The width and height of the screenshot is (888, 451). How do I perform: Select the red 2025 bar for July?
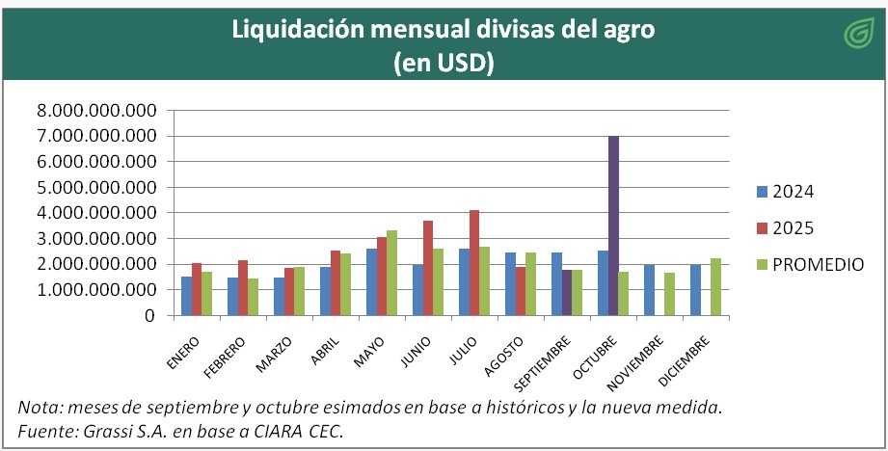[x=474, y=262]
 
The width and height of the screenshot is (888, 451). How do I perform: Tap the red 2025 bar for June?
[x=428, y=268]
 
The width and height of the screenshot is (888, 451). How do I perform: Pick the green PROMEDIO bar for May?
[x=392, y=273]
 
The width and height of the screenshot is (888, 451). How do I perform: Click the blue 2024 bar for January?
[x=185, y=296]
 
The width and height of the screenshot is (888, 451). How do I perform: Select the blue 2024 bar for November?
[x=648, y=289]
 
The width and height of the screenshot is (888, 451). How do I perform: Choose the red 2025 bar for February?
[x=243, y=287]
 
